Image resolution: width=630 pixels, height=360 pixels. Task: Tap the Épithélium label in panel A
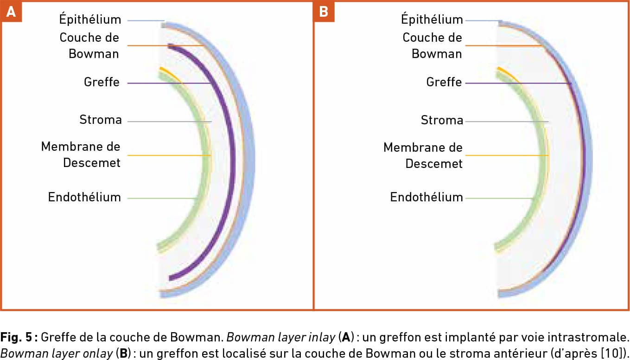click(x=90, y=19)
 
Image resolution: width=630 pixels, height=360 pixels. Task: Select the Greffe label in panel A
click(x=102, y=83)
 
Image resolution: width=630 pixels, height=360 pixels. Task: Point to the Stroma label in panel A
click(x=101, y=120)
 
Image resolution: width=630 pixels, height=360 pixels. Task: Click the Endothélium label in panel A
click(x=84, y=197)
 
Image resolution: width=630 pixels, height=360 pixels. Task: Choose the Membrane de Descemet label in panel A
click(x=81, y=155)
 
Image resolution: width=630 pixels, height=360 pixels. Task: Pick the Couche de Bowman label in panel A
click(x=89, y=45)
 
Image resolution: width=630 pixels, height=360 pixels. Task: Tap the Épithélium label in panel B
click(x=432, y=19)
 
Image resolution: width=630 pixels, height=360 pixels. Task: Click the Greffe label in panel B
click(x=444, y=83)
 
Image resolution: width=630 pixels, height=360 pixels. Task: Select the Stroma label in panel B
click(x=442, y=121)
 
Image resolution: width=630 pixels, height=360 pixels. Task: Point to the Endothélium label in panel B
click(x=426, y=197)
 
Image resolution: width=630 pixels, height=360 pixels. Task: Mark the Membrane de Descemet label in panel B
click(x=423, y=155)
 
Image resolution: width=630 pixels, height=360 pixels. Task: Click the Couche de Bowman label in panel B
click(x=432, y=45)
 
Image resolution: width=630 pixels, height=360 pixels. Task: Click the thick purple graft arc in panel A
click(x=232, y=153)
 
